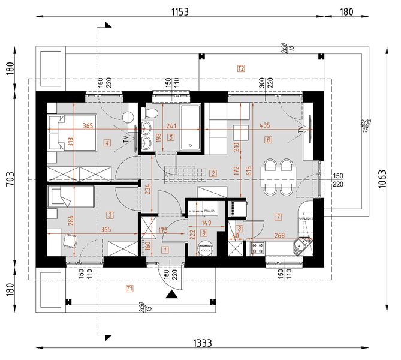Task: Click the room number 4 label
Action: coord(107,143)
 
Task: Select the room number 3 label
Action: coord(110,214)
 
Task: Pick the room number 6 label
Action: coord(268,140)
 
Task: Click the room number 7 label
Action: coord(278,216)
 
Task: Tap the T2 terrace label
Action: coord(241,68)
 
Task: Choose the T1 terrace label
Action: coord(129,289)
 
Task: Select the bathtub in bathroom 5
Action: coord(191,127)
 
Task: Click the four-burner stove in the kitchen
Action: coord(258,247)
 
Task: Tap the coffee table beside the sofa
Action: coord(241,132)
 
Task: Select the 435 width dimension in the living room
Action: coord(263,125)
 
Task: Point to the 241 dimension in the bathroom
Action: coord(173,125)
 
